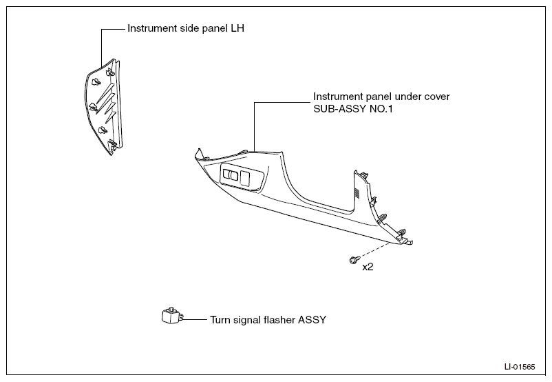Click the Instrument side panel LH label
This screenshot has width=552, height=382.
pos(186,28)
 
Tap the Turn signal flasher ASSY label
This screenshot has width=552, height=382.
pos(268,320)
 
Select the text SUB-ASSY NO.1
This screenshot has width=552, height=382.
pos(353,109)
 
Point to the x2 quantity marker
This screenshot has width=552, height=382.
pos(368,267)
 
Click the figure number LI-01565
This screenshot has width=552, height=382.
pos(520,367)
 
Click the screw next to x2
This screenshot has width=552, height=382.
pos(354,261)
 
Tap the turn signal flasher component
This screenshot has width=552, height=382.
pos(173,315)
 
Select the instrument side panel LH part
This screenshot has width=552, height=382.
pos(103,106)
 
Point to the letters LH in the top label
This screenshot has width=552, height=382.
pos(237,28)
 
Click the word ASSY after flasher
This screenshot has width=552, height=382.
pos(312,320)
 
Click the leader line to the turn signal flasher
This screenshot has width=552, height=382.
pos(195,319)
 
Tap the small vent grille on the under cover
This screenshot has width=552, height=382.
pos(357,193)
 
